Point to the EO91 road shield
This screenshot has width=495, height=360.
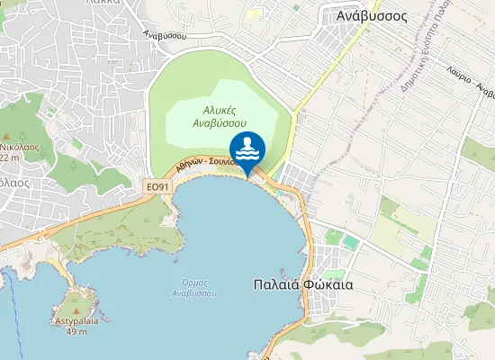click(x=157, y=186)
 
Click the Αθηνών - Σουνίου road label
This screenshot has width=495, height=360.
click(x=206, y=163)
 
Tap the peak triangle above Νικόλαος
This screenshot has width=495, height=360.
click(x=15, y=133)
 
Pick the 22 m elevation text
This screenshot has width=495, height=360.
click(x=10, y=157)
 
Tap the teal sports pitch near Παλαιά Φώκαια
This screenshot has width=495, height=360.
click(x=350, y=243)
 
